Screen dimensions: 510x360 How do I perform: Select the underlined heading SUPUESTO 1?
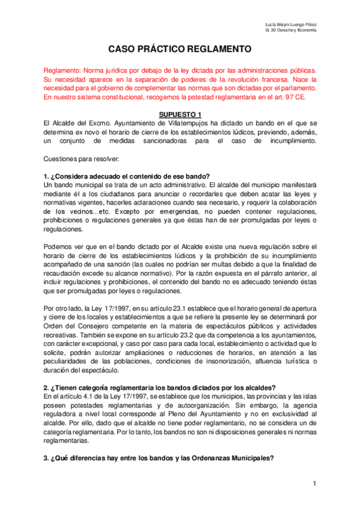click(x=179, y=114)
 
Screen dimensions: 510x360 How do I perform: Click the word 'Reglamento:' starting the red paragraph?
click(x=62, y=70)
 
